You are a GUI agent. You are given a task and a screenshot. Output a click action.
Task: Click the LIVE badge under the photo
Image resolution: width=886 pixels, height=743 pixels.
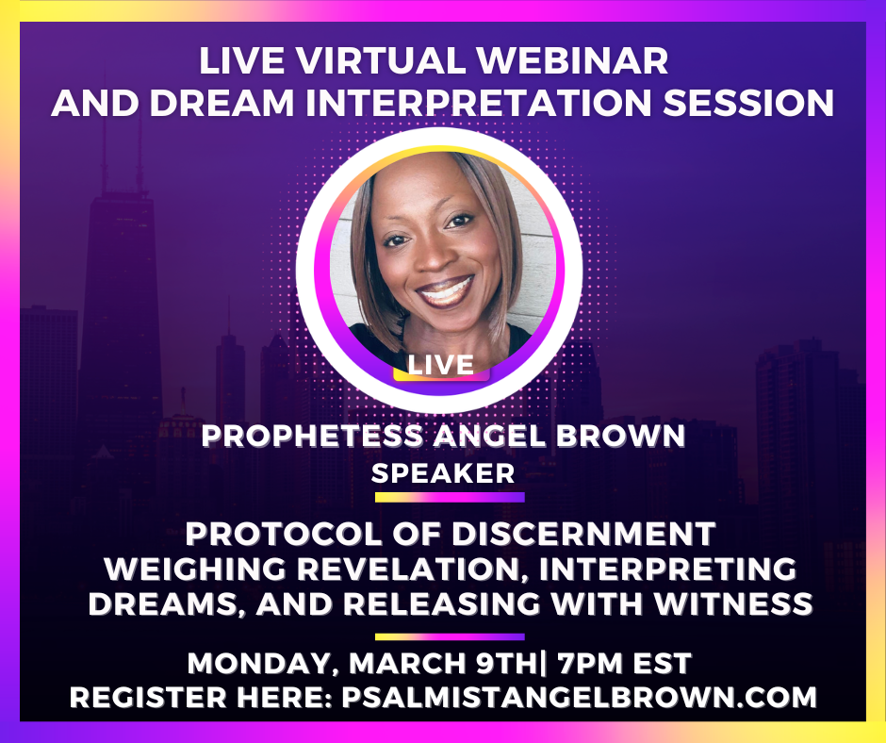[441, 363]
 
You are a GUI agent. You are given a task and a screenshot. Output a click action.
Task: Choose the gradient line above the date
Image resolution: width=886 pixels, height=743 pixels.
[450, 636]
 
